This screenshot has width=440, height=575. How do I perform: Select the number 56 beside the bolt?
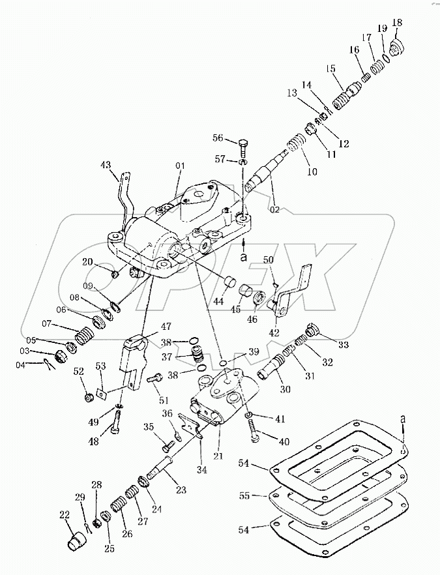pyautogui.click(x=218, y=138)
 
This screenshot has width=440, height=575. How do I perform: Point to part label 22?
pyautogui.click(x=65, y=515)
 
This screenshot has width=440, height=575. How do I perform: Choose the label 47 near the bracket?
pyautogui.click(x=167, y=326)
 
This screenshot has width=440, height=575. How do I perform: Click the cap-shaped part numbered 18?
pyautogui.click(x=397, y=46)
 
